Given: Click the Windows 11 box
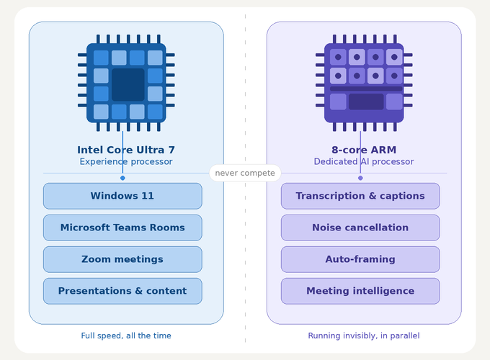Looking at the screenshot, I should (122, 196).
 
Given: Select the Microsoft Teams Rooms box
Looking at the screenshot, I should (122, 228).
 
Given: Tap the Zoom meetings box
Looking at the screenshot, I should (122, 259).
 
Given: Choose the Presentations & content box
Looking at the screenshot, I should (122, 291).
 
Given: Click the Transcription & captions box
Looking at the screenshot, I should (360, 196).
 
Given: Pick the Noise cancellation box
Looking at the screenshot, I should (360, 228).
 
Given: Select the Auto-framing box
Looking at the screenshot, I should (360, 259).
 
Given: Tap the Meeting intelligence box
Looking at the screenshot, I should (360, 291).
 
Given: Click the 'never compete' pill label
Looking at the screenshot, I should (245, 174).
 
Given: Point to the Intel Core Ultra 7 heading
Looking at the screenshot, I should (126, 150).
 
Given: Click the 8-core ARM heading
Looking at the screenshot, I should (364, 150).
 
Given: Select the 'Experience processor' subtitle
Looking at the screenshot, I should (126, 162).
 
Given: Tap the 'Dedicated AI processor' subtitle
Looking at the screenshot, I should (364, 162).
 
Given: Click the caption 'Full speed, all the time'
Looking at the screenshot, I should (126, 336).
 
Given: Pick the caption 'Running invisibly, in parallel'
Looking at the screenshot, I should (364, 336).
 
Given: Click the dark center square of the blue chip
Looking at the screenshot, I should (128, 84).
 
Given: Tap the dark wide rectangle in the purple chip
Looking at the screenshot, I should (366, 102).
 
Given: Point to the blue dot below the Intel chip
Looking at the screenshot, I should (122, 178).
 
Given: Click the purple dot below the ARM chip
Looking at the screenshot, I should (360, 178).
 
